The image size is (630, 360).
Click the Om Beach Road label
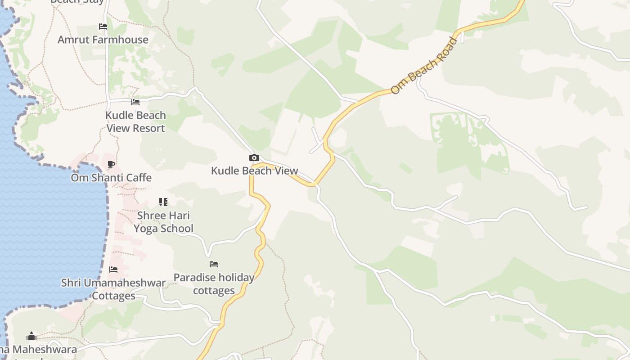424,66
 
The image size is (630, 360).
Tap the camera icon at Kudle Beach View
254,158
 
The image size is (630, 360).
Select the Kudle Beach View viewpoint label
255,171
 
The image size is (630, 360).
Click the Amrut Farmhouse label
103,40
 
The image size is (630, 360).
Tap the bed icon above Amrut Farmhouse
103,27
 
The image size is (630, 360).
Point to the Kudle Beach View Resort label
135,121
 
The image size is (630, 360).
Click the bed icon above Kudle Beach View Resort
135,102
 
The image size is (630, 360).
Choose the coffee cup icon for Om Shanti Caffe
111,165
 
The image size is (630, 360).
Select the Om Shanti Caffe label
111,178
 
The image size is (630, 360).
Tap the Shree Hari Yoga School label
163,222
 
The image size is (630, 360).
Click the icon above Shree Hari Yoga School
163,202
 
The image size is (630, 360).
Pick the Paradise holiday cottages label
214,284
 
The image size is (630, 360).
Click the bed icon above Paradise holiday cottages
214,264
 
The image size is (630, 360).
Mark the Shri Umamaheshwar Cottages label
113,289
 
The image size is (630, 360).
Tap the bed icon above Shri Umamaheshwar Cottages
113,270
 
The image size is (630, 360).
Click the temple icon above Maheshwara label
31,336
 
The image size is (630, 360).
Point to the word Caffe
136,178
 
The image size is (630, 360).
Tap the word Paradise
193,278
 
